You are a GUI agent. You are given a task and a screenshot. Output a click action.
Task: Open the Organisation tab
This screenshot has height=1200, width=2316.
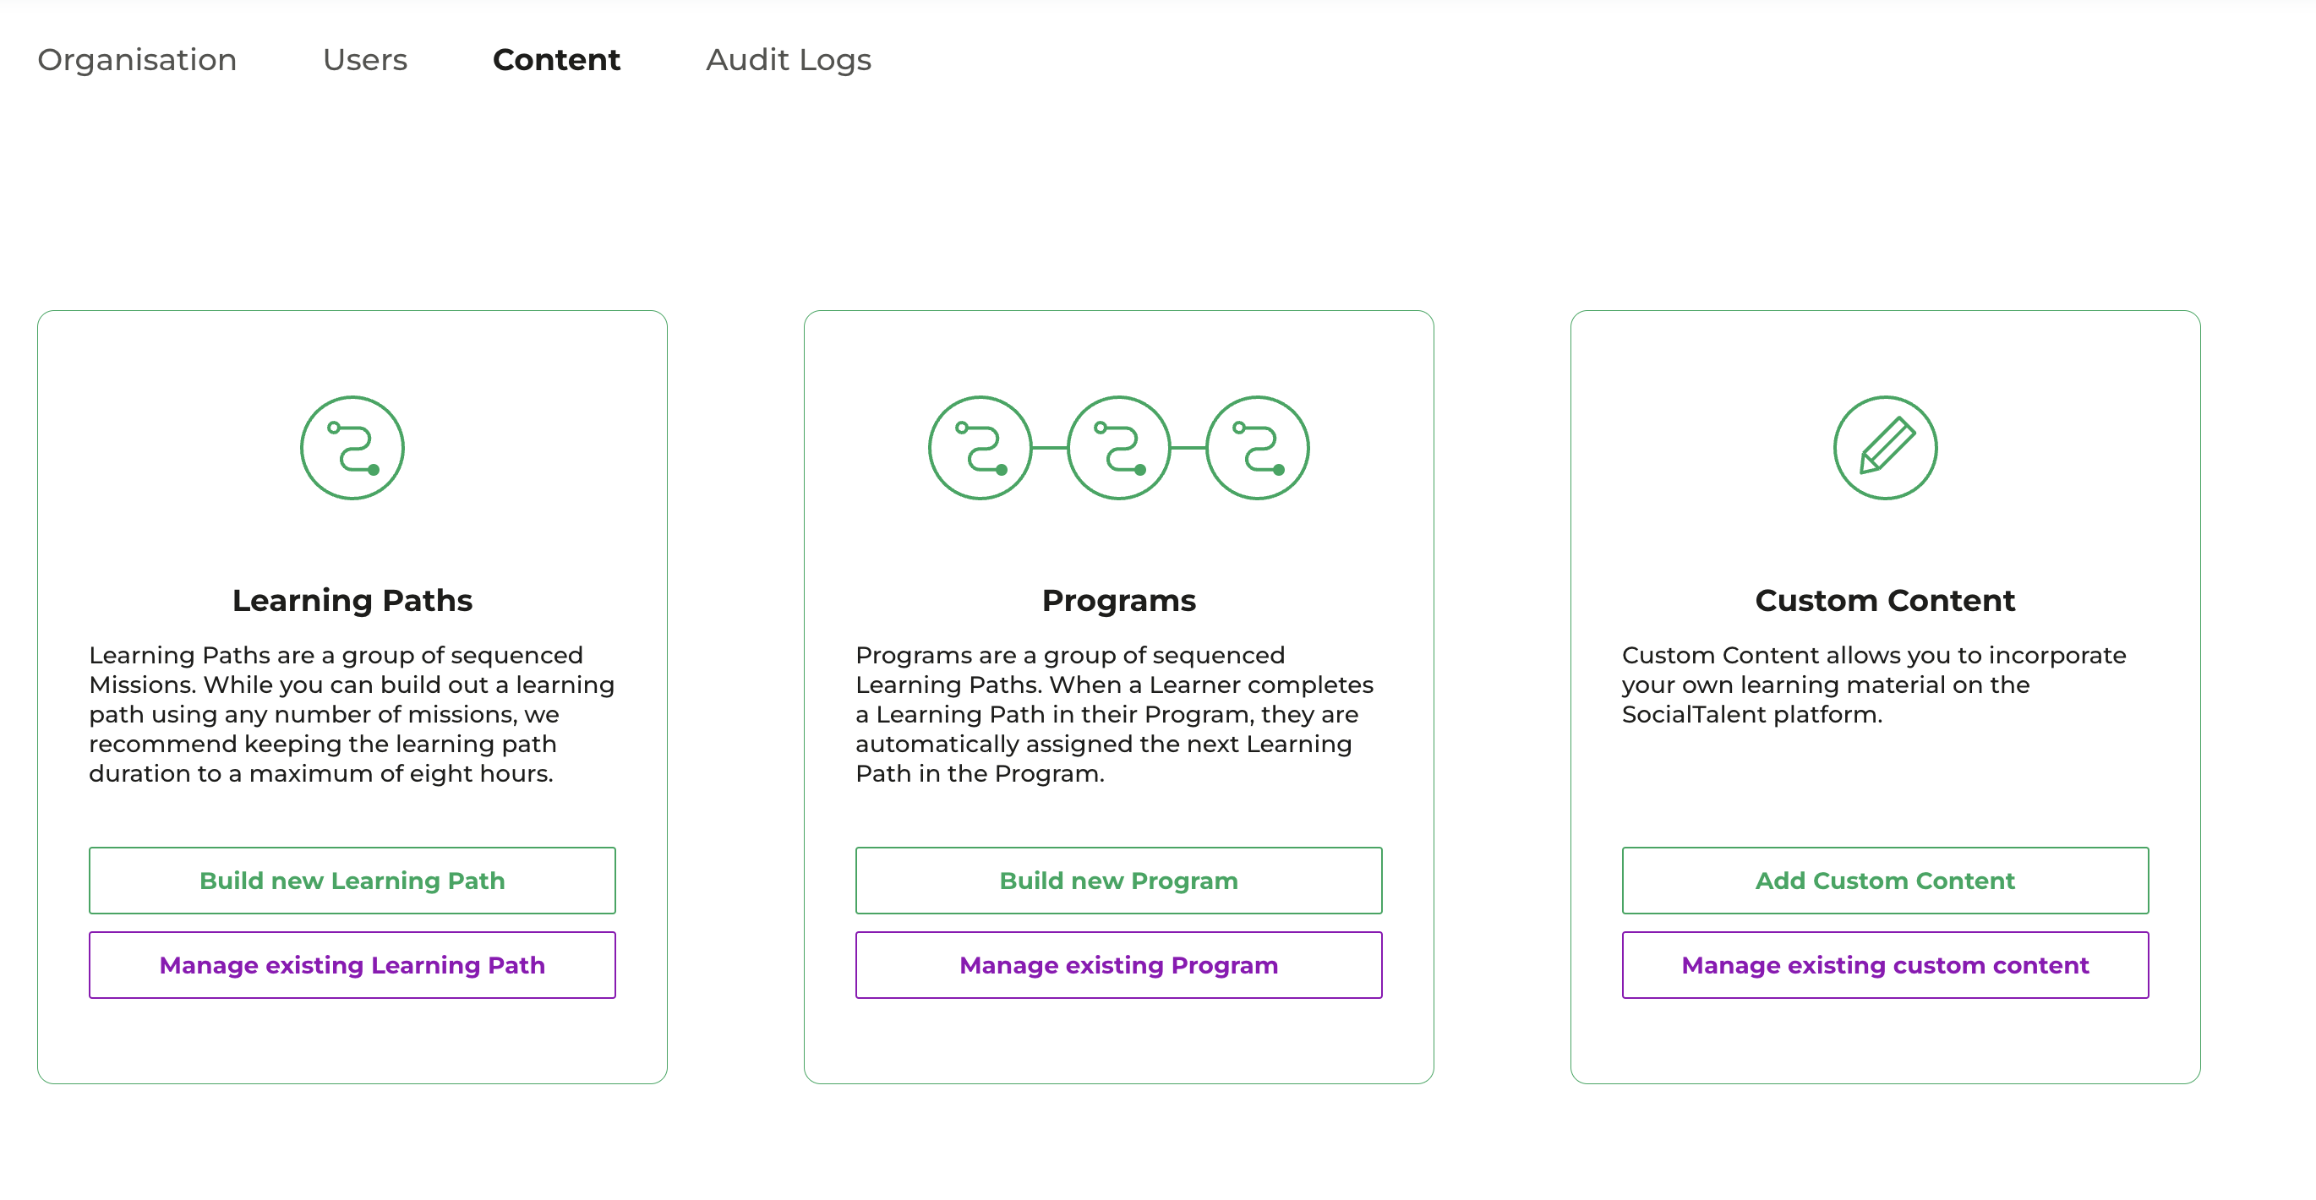click(x=137, y=60)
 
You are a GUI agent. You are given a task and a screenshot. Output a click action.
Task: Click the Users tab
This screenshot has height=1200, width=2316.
click(x=365, y=60)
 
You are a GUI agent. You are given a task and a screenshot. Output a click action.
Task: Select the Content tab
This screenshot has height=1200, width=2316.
click(x=556, y=60)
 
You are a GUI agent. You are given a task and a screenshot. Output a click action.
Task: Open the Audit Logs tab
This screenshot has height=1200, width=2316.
click(x=789, y=60)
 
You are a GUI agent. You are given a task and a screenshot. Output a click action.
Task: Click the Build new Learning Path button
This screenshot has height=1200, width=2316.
click(x=352, y=880)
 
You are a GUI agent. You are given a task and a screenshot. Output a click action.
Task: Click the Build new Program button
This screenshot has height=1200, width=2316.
click(x=1118, y=880)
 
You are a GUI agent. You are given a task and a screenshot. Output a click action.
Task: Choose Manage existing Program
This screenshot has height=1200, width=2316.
click(x=1118, y=964)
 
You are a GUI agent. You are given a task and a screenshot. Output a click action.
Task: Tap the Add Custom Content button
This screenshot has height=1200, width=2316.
click(x=1886, y=880)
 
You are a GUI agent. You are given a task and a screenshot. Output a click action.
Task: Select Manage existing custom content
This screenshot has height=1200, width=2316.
click(x=1886, y=964)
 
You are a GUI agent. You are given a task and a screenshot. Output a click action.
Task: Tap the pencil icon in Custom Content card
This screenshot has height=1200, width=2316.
click(x=1887, y=445)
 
